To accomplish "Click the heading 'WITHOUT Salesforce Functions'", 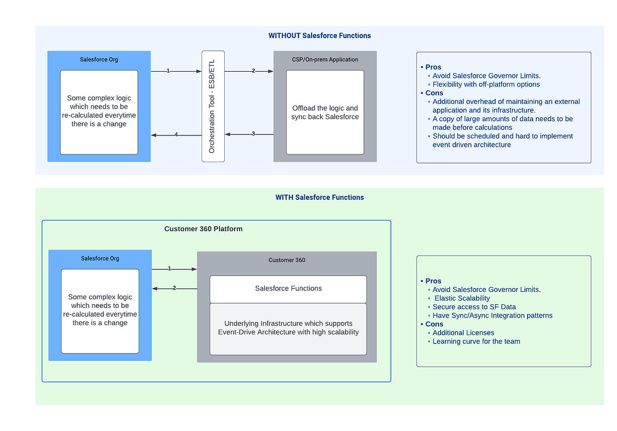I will (x=319, y=36).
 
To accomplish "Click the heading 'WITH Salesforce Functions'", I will (x=319, y=197).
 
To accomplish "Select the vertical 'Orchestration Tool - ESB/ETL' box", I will (x=213, y=107).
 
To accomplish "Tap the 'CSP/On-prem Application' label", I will (x=325, y=59).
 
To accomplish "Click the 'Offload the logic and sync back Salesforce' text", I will (x=325, y=112).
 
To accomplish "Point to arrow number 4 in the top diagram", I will (x=176, y=135).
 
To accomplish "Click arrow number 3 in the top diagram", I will (x=249, y=134).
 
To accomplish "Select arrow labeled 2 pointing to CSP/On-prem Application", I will (x=249, y=71).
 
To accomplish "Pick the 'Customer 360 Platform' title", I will (x=203, y=229).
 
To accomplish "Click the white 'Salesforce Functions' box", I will (x=288, y=289).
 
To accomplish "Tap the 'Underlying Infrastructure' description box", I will (x=288, y=328).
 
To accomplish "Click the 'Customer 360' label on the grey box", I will (x=287, y=260).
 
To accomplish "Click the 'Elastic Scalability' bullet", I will (x=462, y=298).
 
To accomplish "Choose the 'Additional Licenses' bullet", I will (x=463, y=333).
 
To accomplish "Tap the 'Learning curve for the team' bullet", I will (x=476, y=341).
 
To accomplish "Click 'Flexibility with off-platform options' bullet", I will (x=486, y=84).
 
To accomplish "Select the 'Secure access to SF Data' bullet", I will (x=474, y=307).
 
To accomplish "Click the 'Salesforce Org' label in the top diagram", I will (x=99, y=59).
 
